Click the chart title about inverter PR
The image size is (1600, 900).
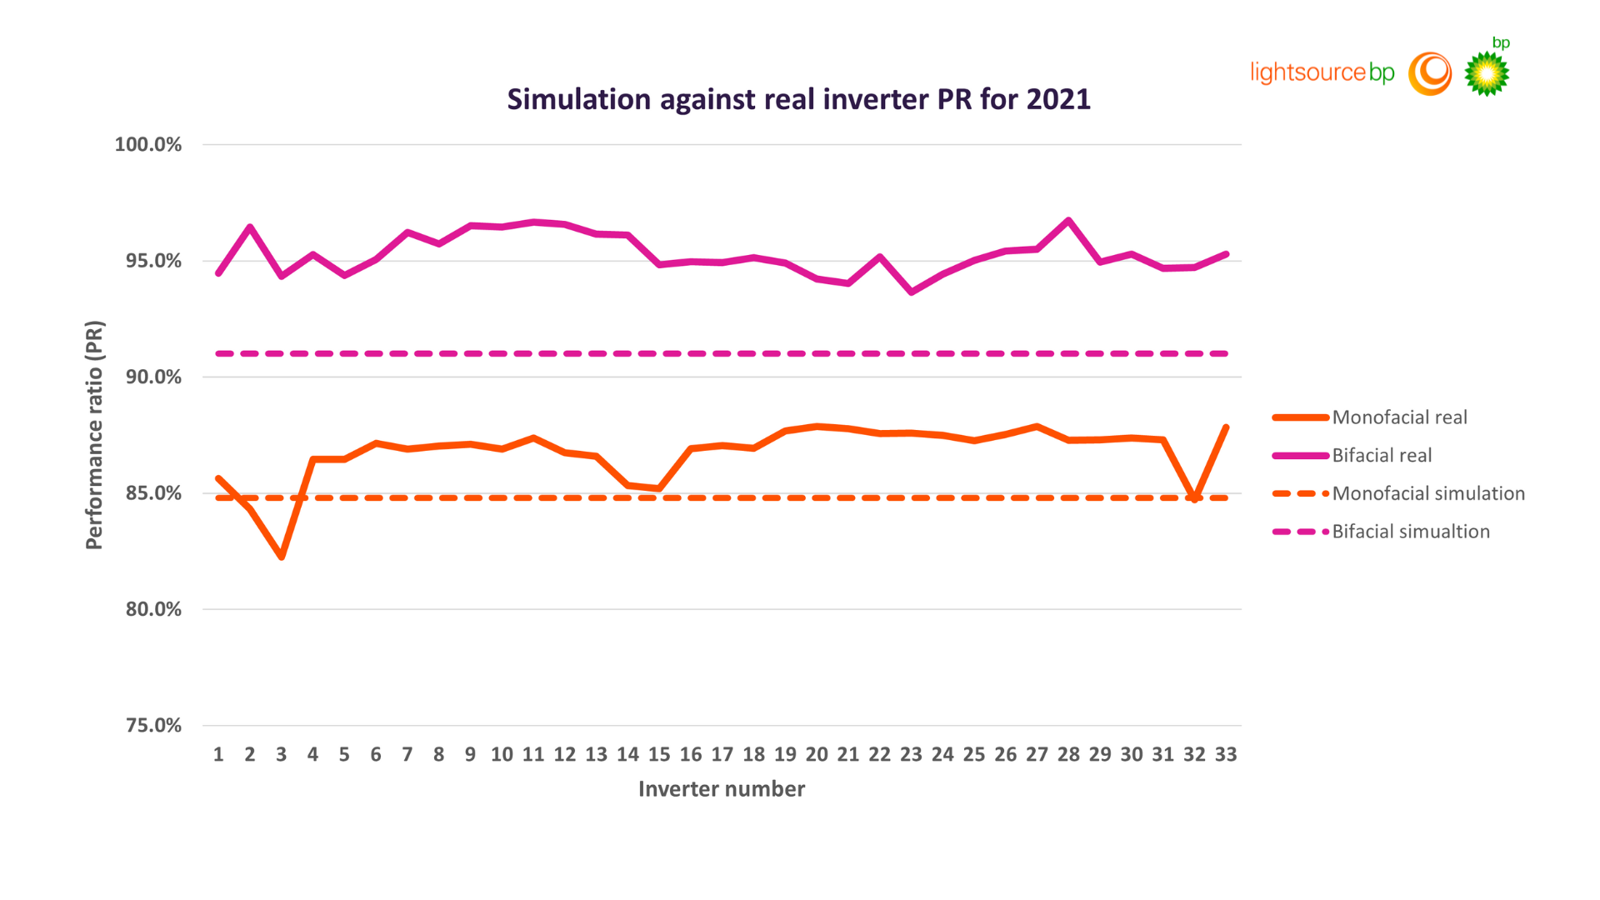coord(798,99)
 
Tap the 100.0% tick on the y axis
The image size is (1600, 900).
coord(147,145)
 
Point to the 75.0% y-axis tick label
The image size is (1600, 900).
coord(153,726)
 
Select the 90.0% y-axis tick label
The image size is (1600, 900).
coord(153,377)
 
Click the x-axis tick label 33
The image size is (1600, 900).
coord(1226,755)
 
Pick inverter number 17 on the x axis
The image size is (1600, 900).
coord(722,755)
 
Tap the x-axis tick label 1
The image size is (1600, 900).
coord(218,755)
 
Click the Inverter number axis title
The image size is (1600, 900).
coord(721,789)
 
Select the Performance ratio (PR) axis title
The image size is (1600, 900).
coord(94,435)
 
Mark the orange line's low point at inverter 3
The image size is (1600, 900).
coord(282,557)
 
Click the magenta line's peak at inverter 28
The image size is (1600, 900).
coord(1068,221)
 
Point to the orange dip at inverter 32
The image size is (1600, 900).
coord(1195,498)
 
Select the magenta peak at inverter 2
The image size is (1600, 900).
coord(250,227)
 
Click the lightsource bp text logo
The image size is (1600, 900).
coord(1322,72)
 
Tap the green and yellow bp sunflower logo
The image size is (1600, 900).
coord(1487,73)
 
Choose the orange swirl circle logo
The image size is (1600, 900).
coord(1430,73)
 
